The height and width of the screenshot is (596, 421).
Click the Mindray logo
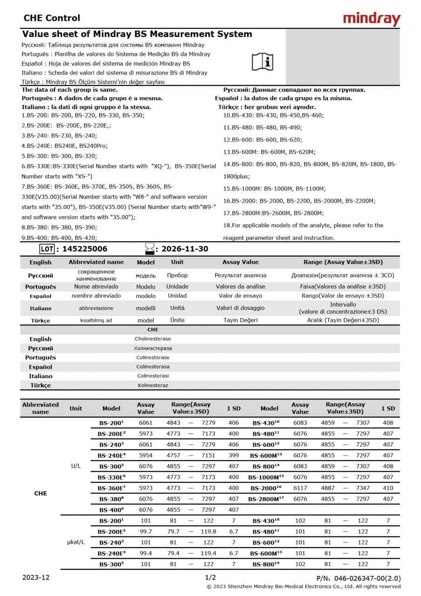point(371,19)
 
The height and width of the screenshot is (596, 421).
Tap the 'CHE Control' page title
point(52,18)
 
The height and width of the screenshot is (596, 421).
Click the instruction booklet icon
point(263,61)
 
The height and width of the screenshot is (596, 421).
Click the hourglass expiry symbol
point(149,249)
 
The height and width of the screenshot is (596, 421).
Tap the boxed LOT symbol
point(47,249)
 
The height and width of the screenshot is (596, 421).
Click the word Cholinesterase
point(153,339)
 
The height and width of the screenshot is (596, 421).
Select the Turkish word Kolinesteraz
point(153,386)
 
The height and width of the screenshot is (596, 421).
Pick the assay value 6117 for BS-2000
point(300,488)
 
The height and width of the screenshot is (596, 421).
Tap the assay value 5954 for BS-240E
point(146,455)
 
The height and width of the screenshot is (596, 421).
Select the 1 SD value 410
point(388,488)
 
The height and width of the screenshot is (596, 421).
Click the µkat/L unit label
point(76,542)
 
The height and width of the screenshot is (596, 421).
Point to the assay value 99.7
point(146,532)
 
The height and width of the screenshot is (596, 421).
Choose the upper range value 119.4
point(208,553)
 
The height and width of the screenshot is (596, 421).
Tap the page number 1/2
point(211,577)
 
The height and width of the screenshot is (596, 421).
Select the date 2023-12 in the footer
point(36,577)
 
